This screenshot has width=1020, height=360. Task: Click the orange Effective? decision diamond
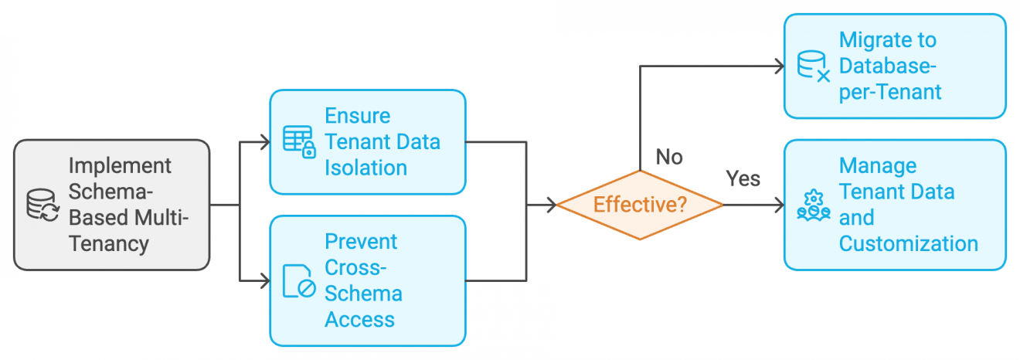click(640, 205)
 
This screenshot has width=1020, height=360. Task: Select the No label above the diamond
click(669, 157)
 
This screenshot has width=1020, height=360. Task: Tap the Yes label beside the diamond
click(743, 179)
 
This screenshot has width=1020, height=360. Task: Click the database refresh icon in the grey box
click(42, 205)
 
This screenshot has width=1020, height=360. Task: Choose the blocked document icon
click(298, 280)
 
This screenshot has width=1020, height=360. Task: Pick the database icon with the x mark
click(813, 66)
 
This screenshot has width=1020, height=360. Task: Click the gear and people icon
click(813, 205)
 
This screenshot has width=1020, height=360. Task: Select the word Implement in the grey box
click(120, 166)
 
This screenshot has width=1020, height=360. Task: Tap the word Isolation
click(365, 168)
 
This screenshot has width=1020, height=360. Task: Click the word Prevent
click(361, 242)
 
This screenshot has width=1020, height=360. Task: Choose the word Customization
click(909, 243)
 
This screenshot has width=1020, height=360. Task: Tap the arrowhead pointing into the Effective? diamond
click(551, 205)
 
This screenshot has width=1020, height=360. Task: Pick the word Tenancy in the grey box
click(108, 244)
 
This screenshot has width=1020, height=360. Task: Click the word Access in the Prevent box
click(359, 319)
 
